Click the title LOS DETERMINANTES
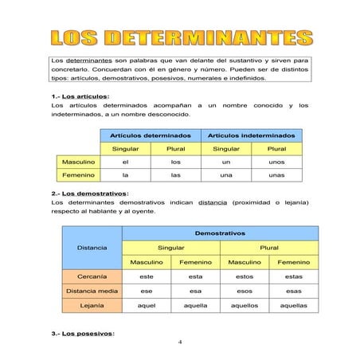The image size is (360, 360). point(180,37)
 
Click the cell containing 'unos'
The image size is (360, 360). point(277,162)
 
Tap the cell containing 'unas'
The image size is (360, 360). point(277,175)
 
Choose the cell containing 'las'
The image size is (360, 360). point(176,175)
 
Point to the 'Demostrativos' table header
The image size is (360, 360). point(219,233)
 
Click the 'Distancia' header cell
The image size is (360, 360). point(92,248)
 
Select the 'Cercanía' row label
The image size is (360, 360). point(92,276)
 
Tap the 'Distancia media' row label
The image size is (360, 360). point(92,291)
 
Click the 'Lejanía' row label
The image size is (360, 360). point(92,305)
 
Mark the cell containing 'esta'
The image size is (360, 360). point(195,276)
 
